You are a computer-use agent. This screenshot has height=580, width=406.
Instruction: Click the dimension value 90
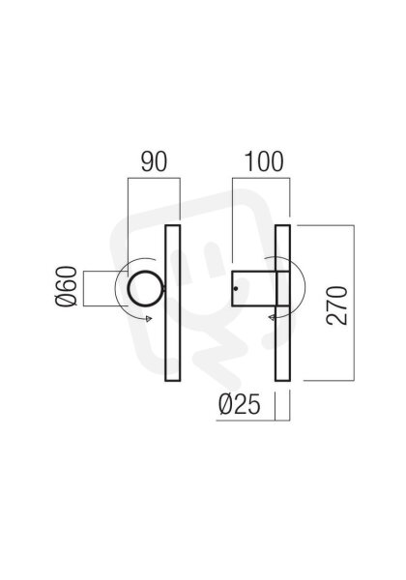pyautogui.click(x=154, y=161)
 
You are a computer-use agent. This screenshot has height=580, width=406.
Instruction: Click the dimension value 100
pyautogui.click(x=264, y=161)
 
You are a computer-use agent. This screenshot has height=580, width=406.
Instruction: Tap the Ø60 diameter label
pyautogui.click(x=67, y=286)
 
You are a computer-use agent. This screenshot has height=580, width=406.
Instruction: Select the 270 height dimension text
pyautogui.click(x=337, y=305)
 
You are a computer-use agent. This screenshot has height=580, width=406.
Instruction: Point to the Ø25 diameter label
pyautogui.click(x=240, y=404)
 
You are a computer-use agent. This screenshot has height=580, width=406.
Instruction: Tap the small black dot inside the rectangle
pyautogui.click(x=236, y=288)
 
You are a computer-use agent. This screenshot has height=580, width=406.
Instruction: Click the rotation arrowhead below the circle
pyautogui.click(x=149, y=318)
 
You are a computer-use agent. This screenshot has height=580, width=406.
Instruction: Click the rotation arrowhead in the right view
pyautogui.click(x=272, y=317)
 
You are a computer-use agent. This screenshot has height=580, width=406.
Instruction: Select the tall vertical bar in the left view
pyautogui.click(x=173, y=303)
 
